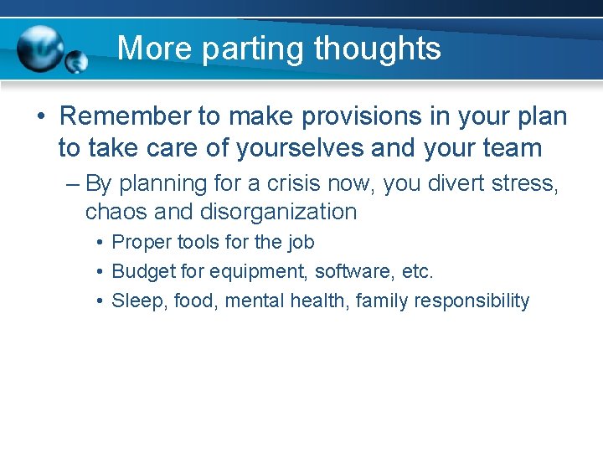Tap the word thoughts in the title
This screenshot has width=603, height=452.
(377, 49)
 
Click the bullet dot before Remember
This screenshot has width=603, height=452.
(41, 116)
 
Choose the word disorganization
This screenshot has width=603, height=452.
(278, 212)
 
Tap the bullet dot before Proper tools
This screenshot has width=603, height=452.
(100, 243)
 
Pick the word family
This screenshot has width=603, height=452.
(381, 300)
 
